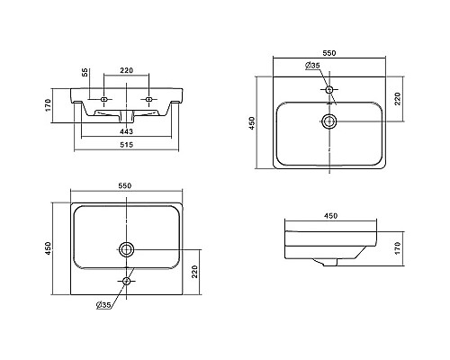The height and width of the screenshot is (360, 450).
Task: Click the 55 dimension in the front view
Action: click(85, 72)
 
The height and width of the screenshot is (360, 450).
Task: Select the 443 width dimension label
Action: click(126, 131)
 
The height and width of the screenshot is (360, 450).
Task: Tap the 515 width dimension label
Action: click(126, 145)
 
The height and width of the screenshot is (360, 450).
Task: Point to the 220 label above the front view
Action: click(126, 70)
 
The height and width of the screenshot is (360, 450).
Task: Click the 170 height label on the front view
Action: click(49, 105)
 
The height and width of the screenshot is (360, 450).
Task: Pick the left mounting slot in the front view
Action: click(104, 99)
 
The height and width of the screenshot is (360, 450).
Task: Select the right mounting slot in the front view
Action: click(148, 99)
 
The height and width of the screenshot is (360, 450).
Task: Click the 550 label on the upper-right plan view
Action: click(329, 53)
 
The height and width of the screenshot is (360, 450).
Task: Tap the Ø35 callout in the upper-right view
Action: click(312, 66)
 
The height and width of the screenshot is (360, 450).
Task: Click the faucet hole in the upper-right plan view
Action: click(329, 89)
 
